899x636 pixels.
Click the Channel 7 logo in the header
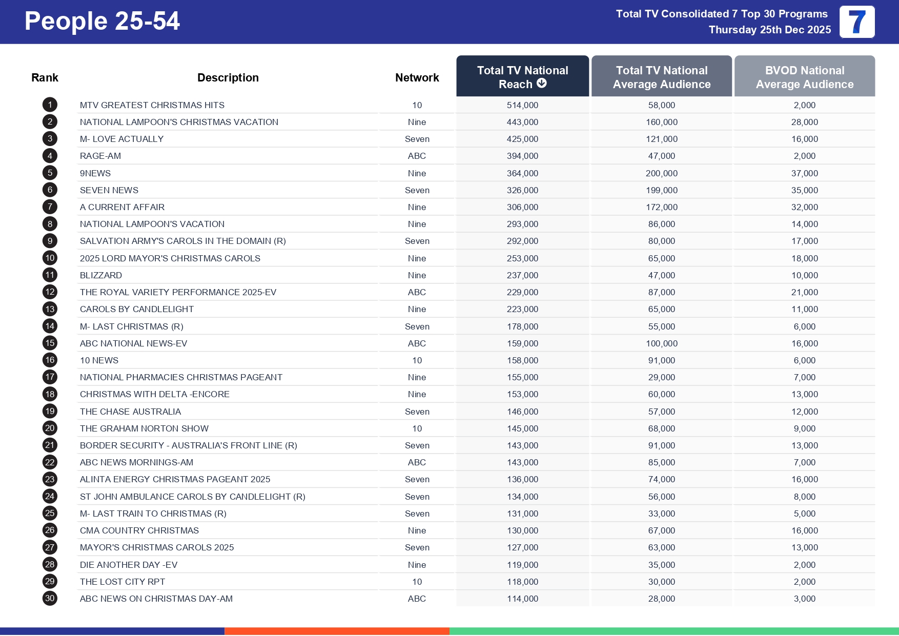click(x=856, y=22)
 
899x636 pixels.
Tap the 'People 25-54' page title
click(x=102, y=22)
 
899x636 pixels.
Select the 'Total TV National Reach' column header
click(x=522, y=76)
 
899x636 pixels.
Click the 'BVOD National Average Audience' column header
click(x=804, y=77)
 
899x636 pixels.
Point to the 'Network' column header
click(x=417, y=78)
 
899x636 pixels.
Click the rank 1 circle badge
click(x=50, y=105)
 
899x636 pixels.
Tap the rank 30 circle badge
click(x=50, y=599)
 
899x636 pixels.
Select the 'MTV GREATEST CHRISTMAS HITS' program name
click(x=152, y=105)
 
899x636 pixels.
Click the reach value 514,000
click(x=522, y=105)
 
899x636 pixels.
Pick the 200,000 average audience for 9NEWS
click(x=661, y=173)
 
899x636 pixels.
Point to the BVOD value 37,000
click(x=804, y=173)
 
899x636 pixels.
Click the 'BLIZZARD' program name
click(x=101, y=275)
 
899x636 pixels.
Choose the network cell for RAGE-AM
click(x=417, y=156)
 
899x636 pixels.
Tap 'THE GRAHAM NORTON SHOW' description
click(x=144, y=428)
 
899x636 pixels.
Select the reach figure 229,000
click(x=522, y=292)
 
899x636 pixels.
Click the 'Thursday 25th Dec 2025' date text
click(x=769, y=30)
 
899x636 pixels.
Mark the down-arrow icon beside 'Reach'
click(x=542, y=84)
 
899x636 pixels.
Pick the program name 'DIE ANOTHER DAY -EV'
click(x=128, y=565)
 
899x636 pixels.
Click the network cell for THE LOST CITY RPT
click(x=417, y=582)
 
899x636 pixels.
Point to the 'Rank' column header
click(x=45, y=78)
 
